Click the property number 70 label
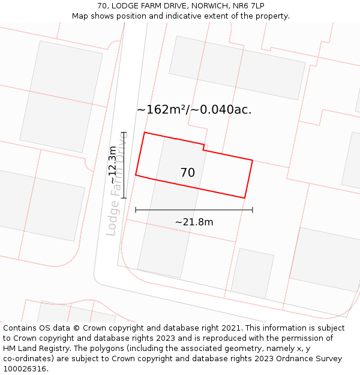pyautogui.click(x=187, y=173)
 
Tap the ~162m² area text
pyautogui.click(x=160, y=110)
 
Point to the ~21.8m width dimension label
pyautogui.click(x=194, y=222)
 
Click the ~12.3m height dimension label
pyautogui.click(x=113, y=164)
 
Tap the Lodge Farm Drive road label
pyautogui.click(x=116, y=183)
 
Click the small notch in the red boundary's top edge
pyautogui.click(x=204, y=147)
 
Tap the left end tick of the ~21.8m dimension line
pyautogui.click(x=136, y=210)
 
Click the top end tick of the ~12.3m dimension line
pyautogui.click(x=124, y=132)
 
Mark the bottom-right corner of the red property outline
pyautogui.click(x=245, y=198)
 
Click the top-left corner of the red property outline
pyautogui.click(x=145, y=133)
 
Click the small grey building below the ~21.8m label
pyautogui.click(x=252, y=273)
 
